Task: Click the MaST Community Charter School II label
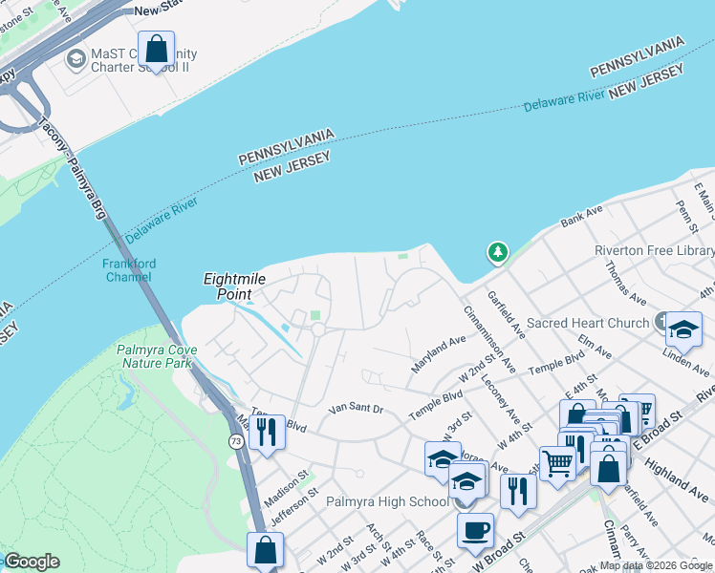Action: click(x=143, y=60)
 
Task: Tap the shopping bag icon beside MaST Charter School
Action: click(x=156, y=49)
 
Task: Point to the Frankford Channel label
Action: click(x=128, y=270)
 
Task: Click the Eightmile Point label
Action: click(x=234, y=287)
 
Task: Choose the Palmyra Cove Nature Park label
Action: click(x=157, y=356)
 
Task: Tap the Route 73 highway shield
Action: click(x=235, y=440)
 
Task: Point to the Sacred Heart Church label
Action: click(x=588, y=324)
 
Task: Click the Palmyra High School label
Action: click(x=387, y=501)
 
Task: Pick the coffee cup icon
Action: click(x=475, y=531)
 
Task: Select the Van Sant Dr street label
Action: click(x=356, y=409)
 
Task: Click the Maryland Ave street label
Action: click(x=438, y=355)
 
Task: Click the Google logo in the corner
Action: click(x=32, y=562)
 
